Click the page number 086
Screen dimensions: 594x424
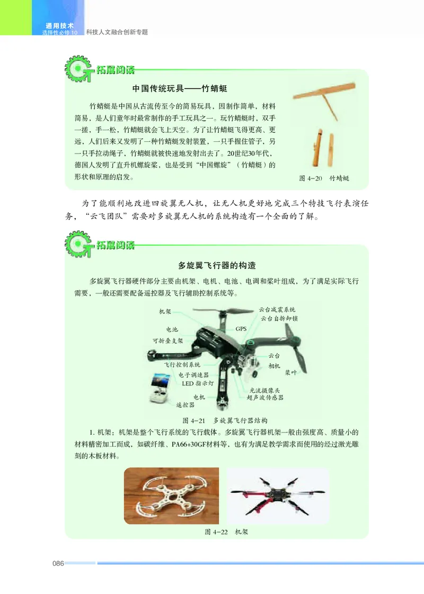58,563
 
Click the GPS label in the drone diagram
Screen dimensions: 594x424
241,329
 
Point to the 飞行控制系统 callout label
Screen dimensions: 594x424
183,365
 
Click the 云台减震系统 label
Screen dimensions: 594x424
277,309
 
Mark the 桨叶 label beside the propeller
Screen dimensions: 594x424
291,372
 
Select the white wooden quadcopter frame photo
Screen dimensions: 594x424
171,495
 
